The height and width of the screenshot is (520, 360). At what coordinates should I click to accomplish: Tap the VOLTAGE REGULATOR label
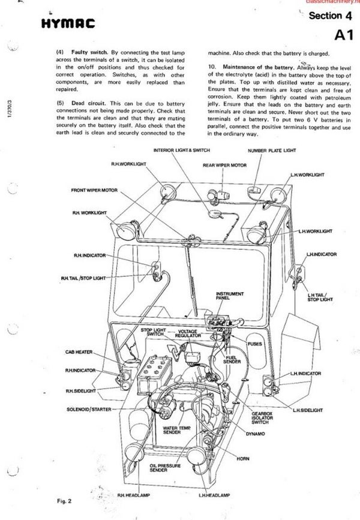[x=191, y=333]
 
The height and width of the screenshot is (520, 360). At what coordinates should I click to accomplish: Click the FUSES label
[x=257, y=343]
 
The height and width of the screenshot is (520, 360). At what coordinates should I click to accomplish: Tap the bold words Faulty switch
[x=87, y=52]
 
